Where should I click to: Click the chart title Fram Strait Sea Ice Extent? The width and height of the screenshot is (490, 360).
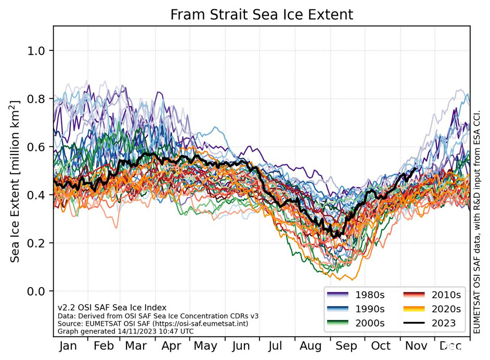[262, 15]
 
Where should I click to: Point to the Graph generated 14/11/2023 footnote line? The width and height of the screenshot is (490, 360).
[96, 330]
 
